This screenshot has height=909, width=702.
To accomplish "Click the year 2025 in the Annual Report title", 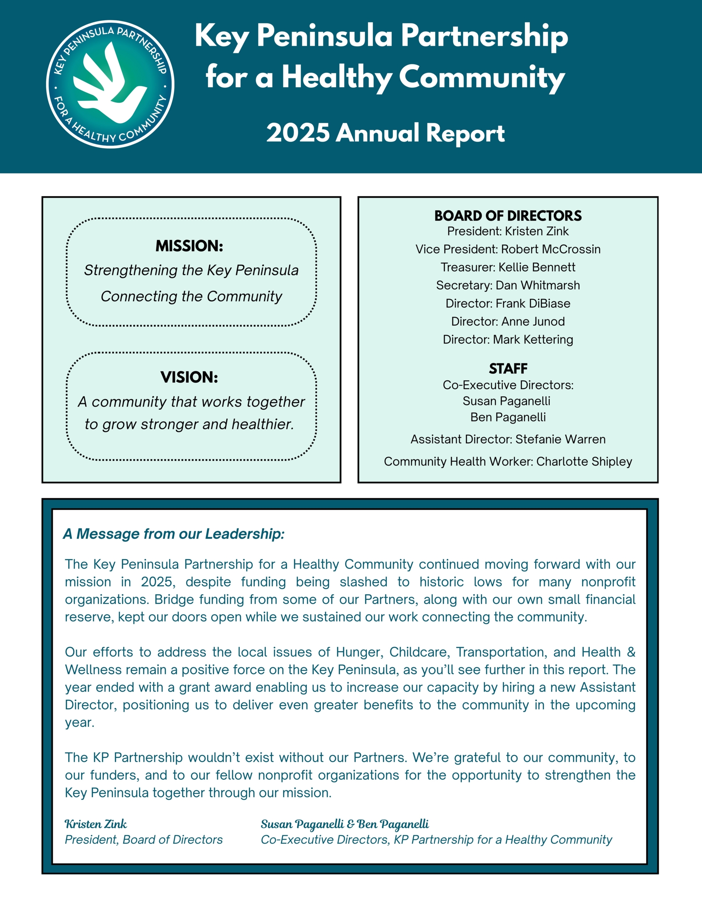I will (298, 133).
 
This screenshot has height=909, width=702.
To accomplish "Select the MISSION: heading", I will (189, 246).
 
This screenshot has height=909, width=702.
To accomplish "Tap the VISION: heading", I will (189, 377).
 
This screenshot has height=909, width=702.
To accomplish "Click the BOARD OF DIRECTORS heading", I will (508, 216).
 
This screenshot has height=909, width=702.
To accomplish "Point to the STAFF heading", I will (508, 368).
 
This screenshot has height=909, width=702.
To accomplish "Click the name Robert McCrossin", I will (550, 249).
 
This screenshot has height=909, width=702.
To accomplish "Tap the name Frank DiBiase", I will (533, 304).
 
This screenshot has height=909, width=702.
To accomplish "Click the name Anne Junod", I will (533, 321).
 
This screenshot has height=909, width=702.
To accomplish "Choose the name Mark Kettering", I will (533, 339).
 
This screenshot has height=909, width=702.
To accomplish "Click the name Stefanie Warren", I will (560, 439).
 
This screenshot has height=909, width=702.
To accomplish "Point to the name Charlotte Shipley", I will (584, 461).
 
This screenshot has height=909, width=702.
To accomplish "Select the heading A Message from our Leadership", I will (174, 534).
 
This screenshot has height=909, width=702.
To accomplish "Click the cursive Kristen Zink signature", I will (96, 824).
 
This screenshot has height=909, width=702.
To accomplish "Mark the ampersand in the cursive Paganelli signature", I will (350, 824).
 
